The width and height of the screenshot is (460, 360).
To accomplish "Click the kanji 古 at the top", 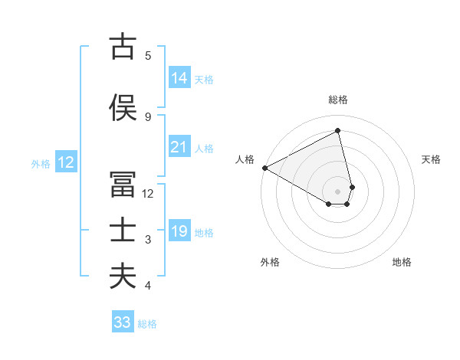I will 123,47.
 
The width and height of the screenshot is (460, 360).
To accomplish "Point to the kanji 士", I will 123,231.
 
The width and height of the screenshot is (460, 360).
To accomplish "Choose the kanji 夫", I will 123,276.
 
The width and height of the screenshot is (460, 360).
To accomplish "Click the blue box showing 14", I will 179,78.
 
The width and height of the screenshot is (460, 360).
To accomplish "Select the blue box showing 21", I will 179,147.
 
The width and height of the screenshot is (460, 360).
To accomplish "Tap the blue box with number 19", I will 179,232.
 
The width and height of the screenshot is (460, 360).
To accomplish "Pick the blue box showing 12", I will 65,162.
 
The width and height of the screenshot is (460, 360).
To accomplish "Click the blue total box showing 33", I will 123,322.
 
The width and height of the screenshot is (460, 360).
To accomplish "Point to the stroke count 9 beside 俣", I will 148,116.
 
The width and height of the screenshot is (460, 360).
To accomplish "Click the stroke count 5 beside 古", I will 148,55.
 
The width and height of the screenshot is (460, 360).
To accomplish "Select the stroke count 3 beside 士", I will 148,240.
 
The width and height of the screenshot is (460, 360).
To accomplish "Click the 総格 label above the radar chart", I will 337,100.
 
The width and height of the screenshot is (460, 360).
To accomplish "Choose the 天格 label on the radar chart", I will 431,159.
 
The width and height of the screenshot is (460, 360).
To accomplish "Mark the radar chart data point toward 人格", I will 264,167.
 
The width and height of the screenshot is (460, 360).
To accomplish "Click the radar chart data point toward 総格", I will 337,130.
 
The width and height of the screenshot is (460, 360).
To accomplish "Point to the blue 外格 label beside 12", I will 40,163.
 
